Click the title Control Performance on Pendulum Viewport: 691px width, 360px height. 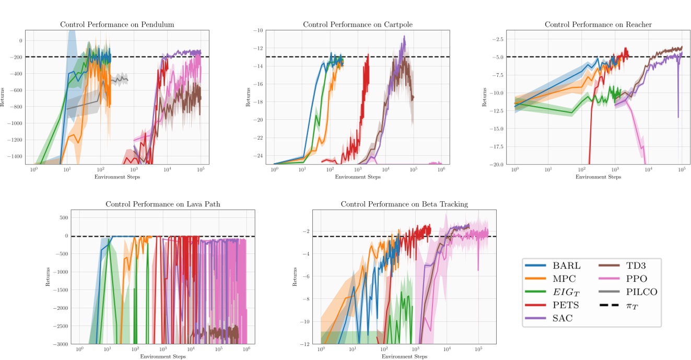click(x=117, y=25)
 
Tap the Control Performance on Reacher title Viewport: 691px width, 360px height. click(x=598, y=25)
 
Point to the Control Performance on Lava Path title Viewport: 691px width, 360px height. click(x=163, y=204)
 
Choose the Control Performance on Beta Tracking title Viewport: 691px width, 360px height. click(x=404, y=204)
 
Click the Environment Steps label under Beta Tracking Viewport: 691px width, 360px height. click(x=404, y=356)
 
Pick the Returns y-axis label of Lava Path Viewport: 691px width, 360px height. click(x=48, y=277)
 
